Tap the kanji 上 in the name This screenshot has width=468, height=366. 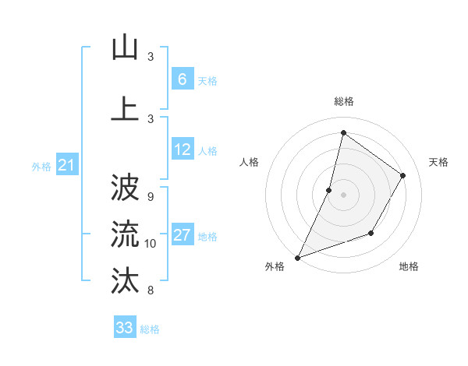pyautogui.click(x=125, y=107)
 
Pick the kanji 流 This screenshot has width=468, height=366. pyautogui.click(x=125, y=233)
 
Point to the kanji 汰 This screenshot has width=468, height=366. pyautogui.click(x=125, y=280)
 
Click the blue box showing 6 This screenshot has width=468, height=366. pyautogui.click(x=182, y=79)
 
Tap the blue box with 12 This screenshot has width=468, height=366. pyautogui.click(x=182, y=150)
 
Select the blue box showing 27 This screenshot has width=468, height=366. pyautogui.click(x=182, y=235)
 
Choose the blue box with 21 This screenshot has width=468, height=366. pyautogui.click(x=66, y=165)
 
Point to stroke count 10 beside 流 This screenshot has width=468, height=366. pyautogui.click(x=151, y=244)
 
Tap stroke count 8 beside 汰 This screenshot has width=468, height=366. pyautogui.click(x=150, y=290)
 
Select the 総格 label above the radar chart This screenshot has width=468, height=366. pyautogui.click(x=343, y=101)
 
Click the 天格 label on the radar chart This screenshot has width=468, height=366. pyautogui.click(x=438, y=162)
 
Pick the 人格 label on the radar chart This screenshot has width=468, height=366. pyautogui.click(x=249, y=162)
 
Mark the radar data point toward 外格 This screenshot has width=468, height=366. pyautogui.click(x=297, y=257)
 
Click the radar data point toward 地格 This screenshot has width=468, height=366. pyautogui.click(x=371, y=233)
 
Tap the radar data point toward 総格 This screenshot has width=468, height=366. pyautogui.click(x=343, y=132)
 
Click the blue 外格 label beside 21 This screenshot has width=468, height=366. pyautogui.click(x=41, y=166)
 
